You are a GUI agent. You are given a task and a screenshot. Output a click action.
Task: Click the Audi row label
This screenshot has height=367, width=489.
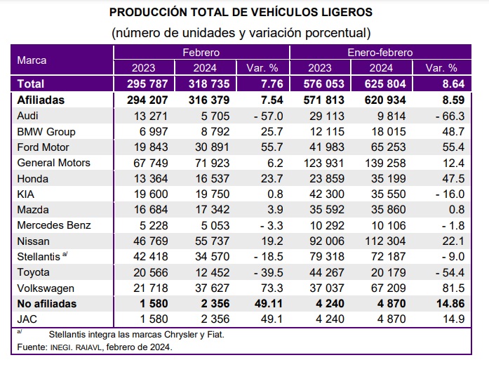32,116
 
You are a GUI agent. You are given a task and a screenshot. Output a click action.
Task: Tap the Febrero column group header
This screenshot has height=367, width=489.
201,53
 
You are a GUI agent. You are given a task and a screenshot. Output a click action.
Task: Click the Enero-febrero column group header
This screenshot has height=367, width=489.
380,53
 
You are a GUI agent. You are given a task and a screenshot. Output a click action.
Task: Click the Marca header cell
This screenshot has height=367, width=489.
32,60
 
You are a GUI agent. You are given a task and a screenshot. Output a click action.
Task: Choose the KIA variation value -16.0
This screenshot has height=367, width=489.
443,194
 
